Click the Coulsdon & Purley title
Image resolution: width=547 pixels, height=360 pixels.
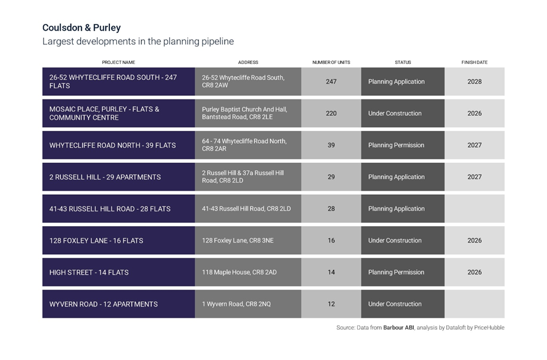click(81, 28)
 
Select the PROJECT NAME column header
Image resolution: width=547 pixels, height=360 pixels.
click(118, 62)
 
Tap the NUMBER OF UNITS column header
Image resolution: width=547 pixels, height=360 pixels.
click(331, 62)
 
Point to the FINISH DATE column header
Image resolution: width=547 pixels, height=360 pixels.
click(474, 62)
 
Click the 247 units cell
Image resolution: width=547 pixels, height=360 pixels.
click(331, 81)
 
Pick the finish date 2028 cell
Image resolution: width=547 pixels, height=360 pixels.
click(474, 81)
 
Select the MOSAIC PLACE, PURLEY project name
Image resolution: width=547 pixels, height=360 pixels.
click(104, 113)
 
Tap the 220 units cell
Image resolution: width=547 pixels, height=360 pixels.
click(331, 113)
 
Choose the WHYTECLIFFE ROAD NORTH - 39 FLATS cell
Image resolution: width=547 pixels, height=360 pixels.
click(112, 145)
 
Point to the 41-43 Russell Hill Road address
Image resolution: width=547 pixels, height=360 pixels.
click(246, 209)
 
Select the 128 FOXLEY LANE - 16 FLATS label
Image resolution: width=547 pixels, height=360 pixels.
click(96, 240)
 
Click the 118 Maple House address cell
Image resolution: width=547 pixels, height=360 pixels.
click(239, 272)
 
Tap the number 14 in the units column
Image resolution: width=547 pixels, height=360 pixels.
click(331, 272)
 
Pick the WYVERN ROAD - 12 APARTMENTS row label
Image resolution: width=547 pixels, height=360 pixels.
click(104, 304)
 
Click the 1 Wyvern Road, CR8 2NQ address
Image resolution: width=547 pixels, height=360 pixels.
click(236, 304)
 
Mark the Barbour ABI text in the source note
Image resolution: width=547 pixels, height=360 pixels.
click(399, 327)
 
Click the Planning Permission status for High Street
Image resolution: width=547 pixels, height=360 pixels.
click(396, 272)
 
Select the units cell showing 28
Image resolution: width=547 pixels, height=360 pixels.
click(331, 209)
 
